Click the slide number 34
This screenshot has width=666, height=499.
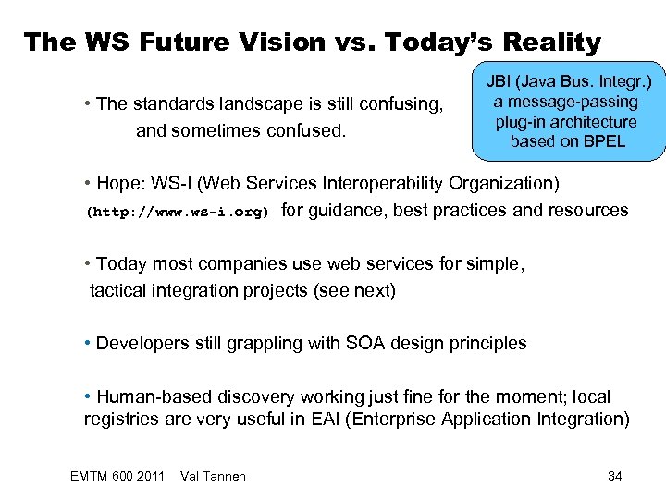(614, 476)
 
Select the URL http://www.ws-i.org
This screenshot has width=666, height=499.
(178, 212)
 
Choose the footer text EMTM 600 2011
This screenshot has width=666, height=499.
(117, 476)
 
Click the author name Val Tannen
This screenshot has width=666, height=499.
(214, 476)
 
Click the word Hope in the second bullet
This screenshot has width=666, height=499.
(118, 182)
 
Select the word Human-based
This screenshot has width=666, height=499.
(154, 397)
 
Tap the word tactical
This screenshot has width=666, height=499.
(121, 290)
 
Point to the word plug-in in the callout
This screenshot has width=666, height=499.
(523, 122)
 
